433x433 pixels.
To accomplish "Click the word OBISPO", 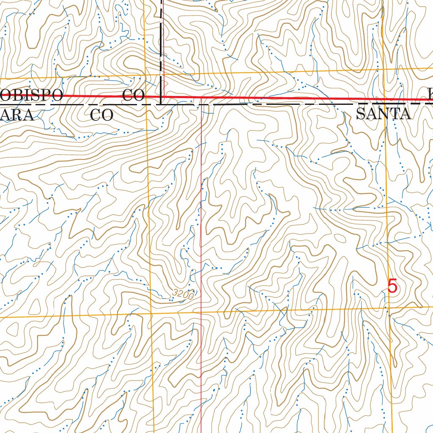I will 32,95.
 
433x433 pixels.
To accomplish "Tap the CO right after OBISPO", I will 134,95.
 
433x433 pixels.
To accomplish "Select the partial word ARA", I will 17,115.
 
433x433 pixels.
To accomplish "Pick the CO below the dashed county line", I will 102,115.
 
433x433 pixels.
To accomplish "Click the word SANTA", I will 383,114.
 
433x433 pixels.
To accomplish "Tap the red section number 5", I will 392,287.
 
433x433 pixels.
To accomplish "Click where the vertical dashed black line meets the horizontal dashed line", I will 161,103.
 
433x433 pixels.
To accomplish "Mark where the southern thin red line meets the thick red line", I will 201,98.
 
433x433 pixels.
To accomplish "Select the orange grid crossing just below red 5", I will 389,309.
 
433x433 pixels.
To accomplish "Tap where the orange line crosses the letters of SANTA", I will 385,114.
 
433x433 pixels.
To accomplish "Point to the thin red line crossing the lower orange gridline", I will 201,312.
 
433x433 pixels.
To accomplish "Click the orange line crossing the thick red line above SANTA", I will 384,100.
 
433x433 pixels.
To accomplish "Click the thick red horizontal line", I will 275,99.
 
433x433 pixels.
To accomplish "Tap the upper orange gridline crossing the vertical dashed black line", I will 161,75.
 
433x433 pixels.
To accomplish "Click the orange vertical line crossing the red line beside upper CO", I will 145,96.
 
